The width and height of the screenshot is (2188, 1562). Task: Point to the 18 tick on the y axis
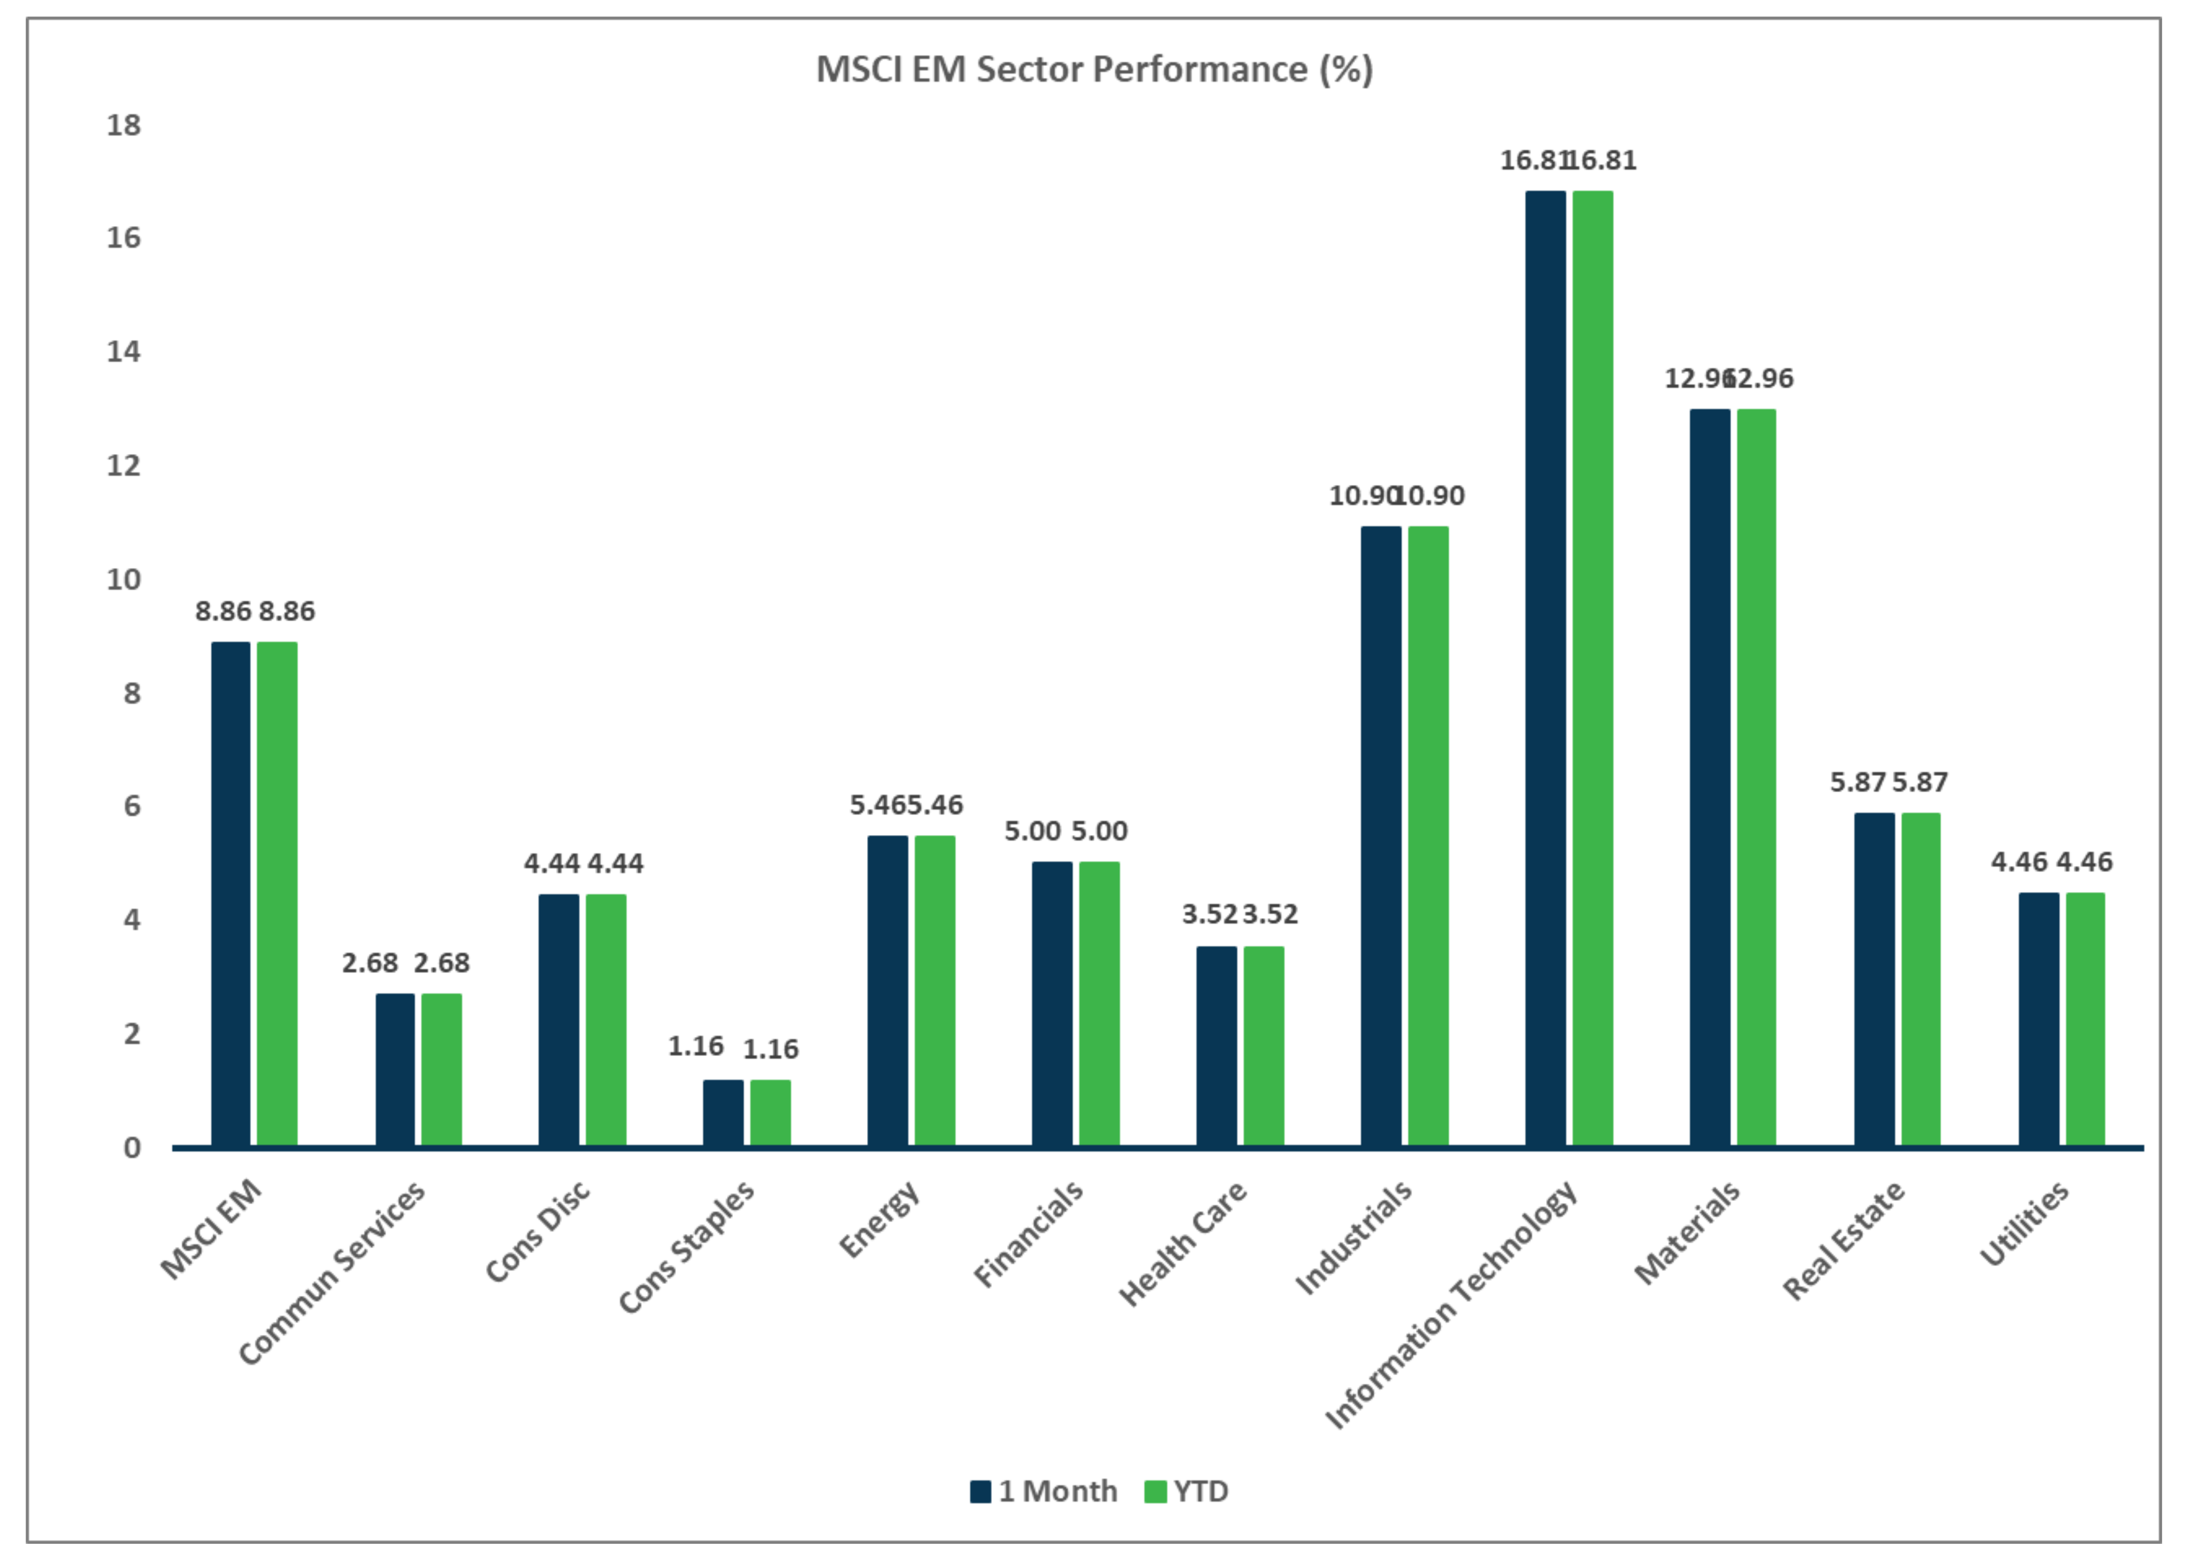(x=123, y=125)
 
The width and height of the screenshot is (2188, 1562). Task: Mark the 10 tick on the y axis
(x=123, y=579)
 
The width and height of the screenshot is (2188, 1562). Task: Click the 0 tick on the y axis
(x=132, y=1147)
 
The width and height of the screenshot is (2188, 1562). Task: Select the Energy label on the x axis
(x=879, y=1220)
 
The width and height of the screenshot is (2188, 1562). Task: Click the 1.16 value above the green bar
(x=770, y=1048)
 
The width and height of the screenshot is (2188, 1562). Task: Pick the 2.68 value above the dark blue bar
(x=369, y=963)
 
